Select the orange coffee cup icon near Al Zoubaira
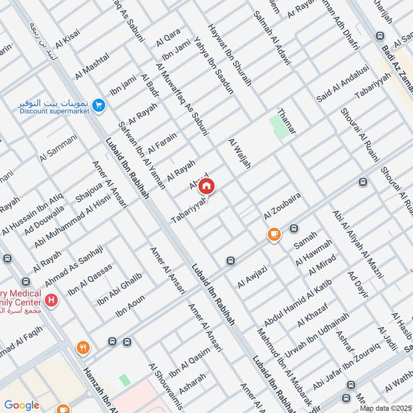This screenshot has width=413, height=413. click(274, 234)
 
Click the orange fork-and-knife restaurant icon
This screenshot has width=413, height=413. click(82, 348)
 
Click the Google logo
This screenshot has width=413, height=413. click(22, 405)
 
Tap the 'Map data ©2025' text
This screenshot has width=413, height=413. click(385, 408)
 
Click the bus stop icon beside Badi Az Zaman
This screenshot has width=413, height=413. click(380, 36)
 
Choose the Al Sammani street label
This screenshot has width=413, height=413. click(58, 148)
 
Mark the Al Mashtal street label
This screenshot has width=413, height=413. click(93, 66)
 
